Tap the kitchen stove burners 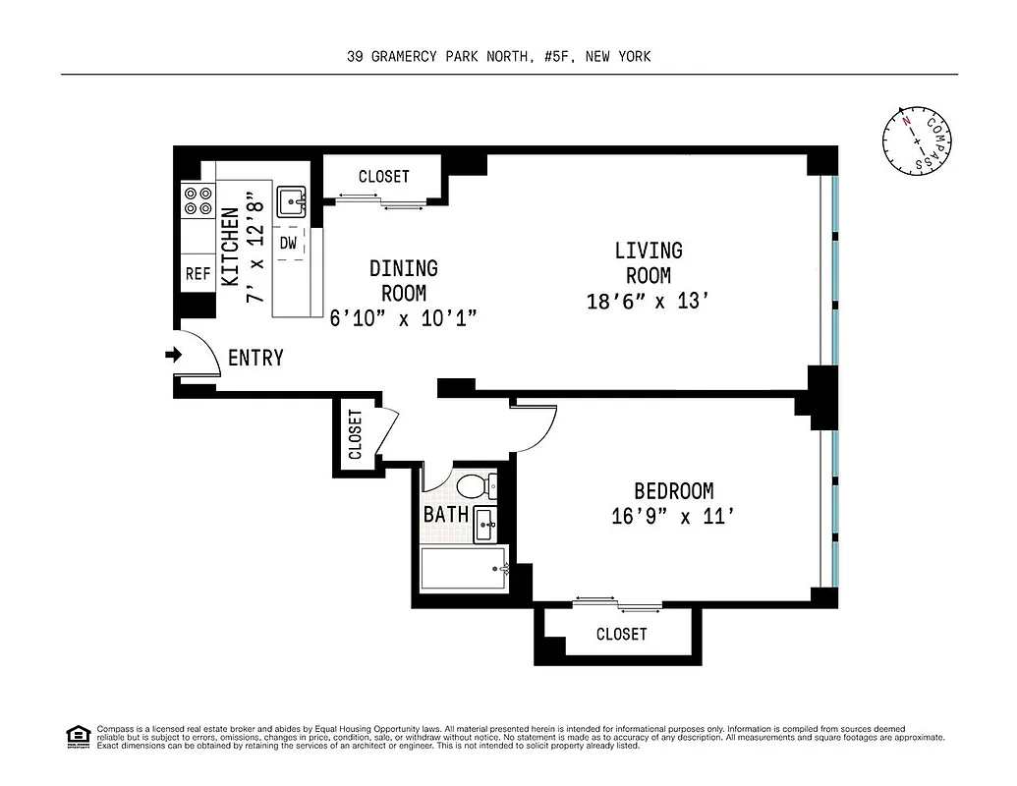pos(198,201)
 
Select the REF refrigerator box pos(198,274)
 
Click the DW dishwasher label pos(289,243)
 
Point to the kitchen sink pos(292,202)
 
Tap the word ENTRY pos(255,359)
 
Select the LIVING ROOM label pos(649,263)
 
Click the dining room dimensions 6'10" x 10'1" pos(403,316)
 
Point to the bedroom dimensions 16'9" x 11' pos(673,516)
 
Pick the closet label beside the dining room pos(383,177)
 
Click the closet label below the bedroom pos(621,635)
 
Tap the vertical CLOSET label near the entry pos(355,433)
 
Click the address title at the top pos(499,57)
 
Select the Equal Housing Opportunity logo pos(76,736)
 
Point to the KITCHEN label pos(230,247)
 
